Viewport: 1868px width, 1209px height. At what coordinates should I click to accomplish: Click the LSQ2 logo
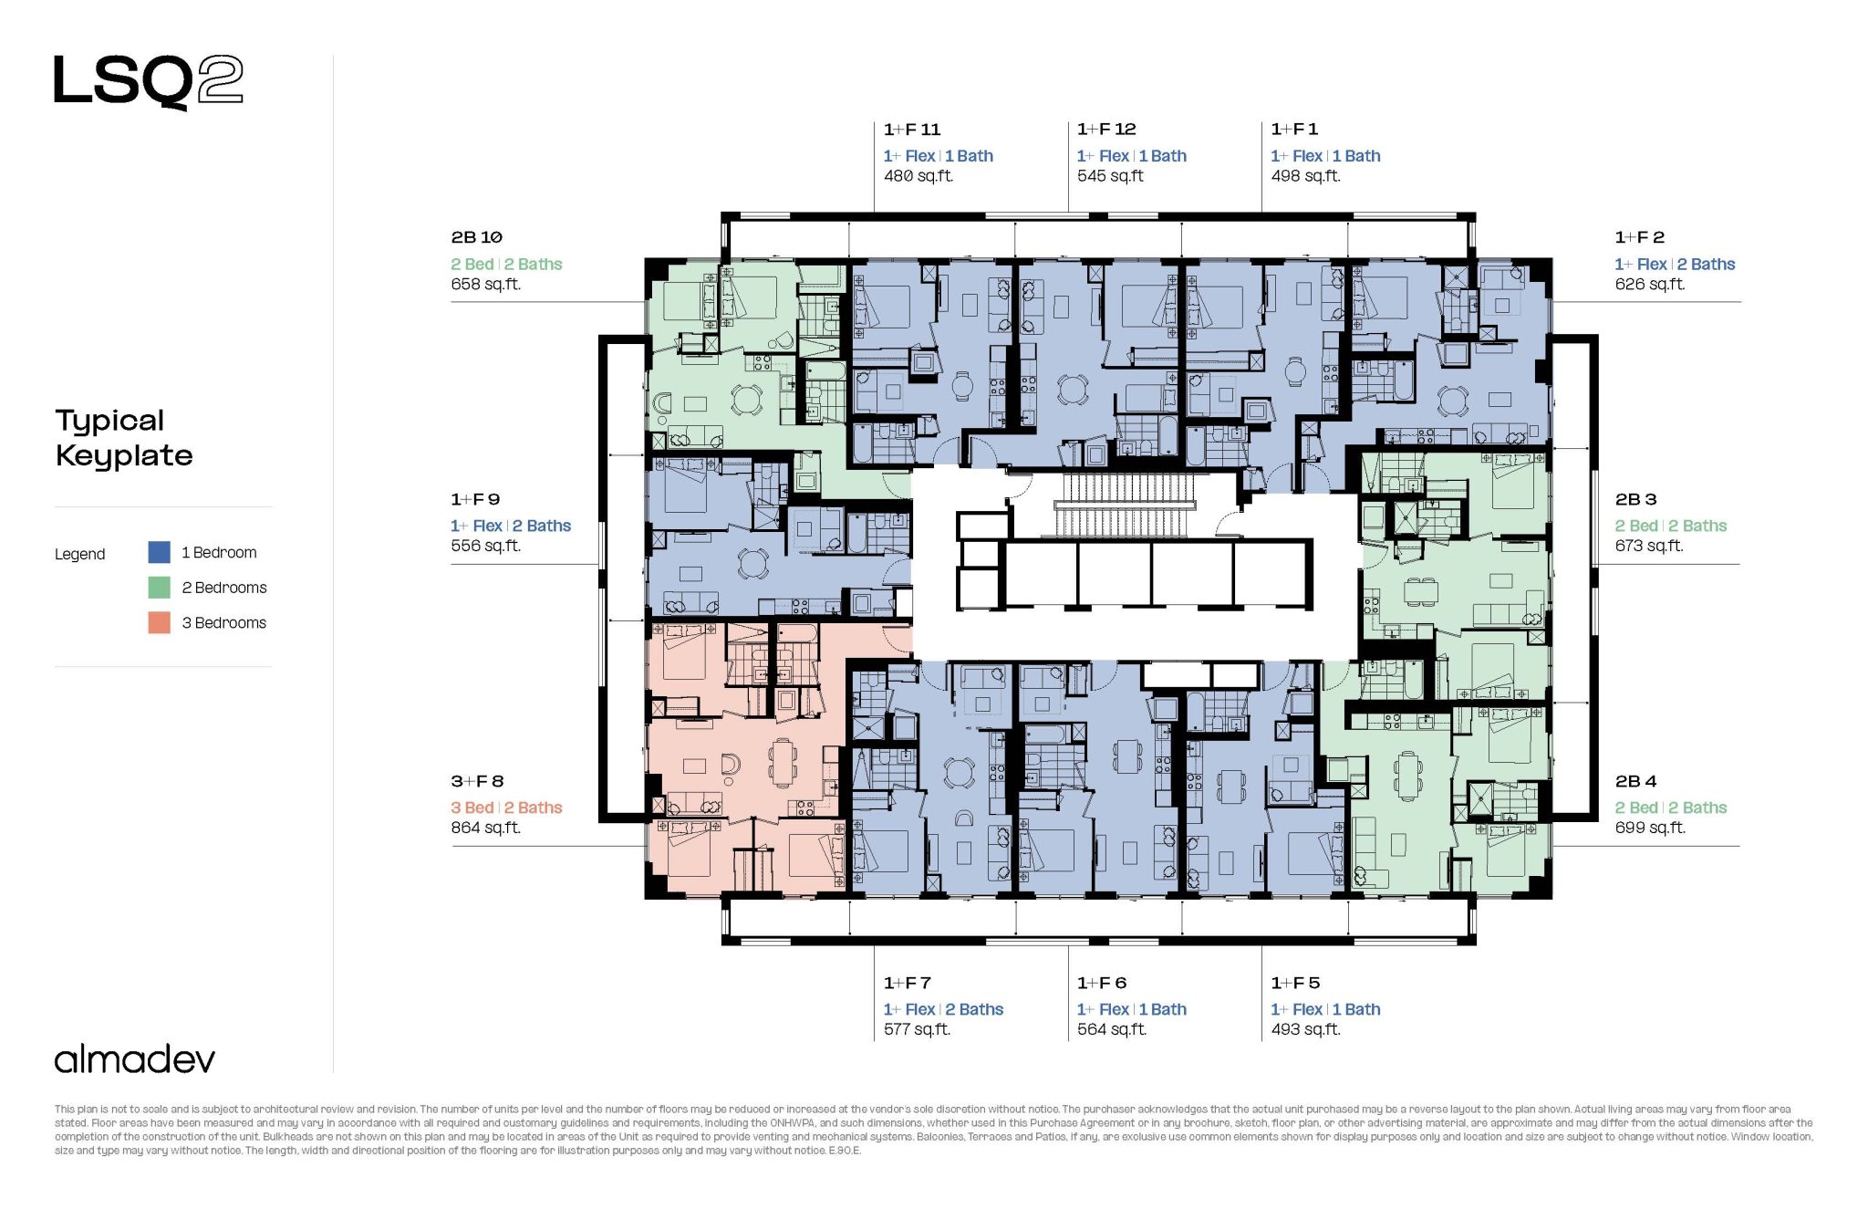coord(149,81)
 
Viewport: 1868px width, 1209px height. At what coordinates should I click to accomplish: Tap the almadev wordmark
coord(135,1059)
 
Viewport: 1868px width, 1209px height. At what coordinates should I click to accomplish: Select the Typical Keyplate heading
coord(124,438)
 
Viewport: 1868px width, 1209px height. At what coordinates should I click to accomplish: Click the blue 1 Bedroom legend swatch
coord(159,552)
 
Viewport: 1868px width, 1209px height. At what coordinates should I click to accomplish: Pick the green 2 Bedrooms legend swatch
coord(159,587)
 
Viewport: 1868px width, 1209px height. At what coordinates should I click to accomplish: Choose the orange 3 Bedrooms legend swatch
coord(159,622)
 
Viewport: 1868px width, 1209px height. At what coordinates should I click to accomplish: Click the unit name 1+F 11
coord(912,130)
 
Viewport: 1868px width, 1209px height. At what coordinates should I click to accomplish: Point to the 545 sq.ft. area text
coord(1110,176)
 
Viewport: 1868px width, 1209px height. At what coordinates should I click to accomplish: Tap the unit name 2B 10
coord(476,237)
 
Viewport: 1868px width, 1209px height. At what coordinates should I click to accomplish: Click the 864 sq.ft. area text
coord(485,828)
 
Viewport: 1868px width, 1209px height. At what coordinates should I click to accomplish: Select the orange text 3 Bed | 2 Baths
coord(506,808)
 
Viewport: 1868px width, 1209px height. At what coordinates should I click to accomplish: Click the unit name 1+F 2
coord(1639,237)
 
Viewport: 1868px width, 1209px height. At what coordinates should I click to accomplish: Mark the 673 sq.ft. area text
coord(1649,546)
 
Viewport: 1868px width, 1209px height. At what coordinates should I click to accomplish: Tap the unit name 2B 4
coord(1635,781)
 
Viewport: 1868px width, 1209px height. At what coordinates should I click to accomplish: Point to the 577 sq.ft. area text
coord(917,1029)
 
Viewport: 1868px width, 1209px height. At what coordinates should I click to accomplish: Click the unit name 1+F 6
coord(1102,983)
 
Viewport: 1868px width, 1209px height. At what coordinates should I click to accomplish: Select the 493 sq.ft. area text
coord(1305,1029)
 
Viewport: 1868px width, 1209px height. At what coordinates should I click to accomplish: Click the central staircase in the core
coord(1124,505)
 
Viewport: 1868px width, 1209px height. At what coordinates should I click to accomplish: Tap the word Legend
coord(80,554)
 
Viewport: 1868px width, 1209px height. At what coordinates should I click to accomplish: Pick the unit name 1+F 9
coord(475,499)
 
